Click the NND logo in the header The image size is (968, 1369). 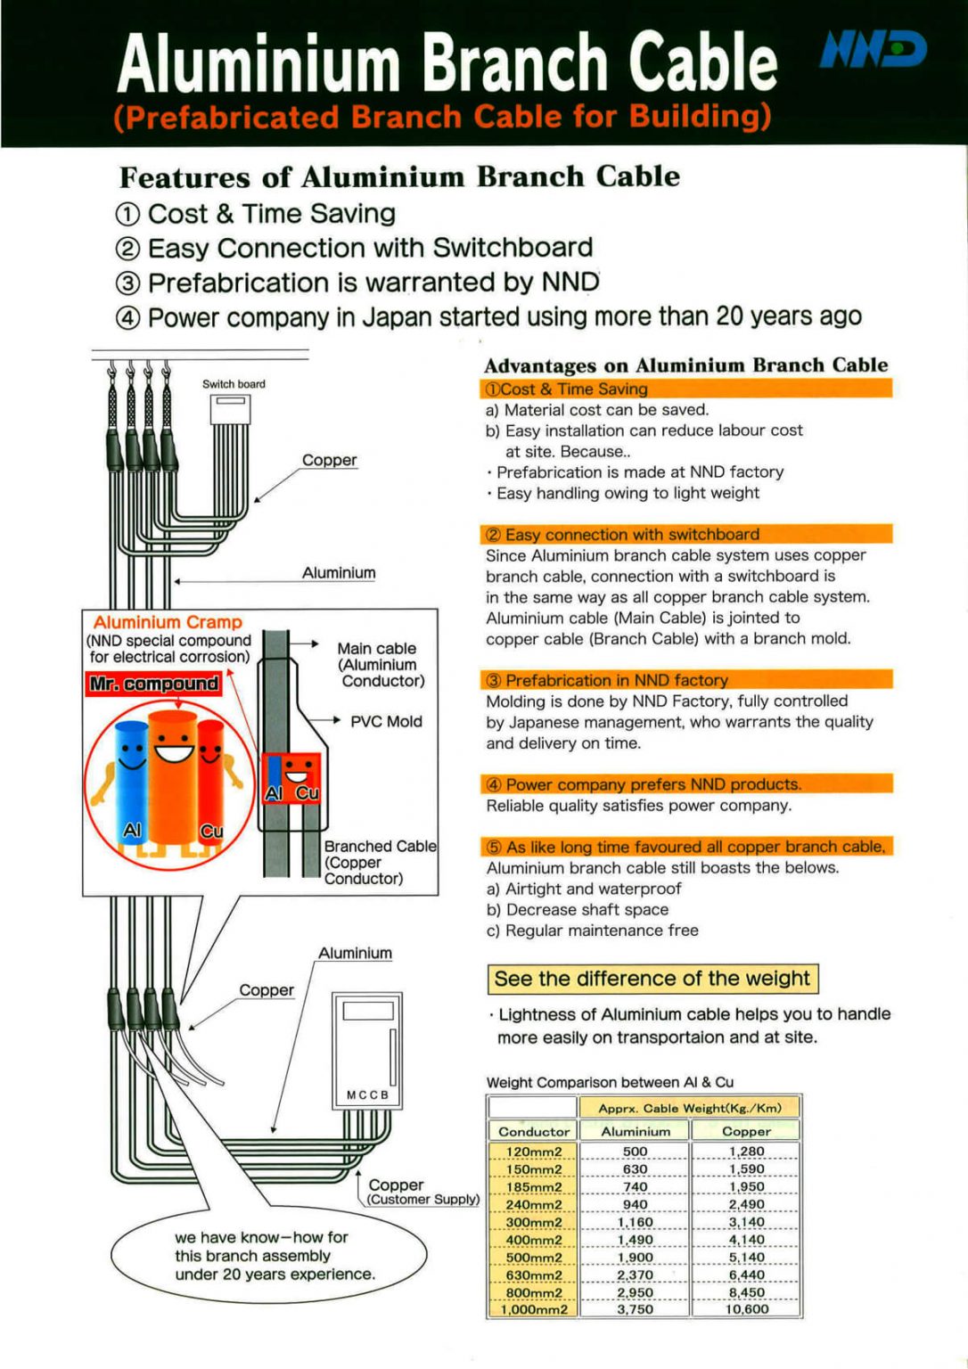pyautogui.click(x=873, y=50)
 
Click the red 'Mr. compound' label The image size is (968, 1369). pyautogui.click(x=153, y=684)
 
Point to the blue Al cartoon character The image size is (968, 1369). pyautogui.click(x=131, y=777)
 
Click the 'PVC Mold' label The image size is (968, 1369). pyautogui.click(x=386, y=721)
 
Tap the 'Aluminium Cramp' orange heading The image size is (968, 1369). pyautogui.click(x=168, y=622)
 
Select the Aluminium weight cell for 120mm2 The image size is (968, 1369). pyautogui.click(x=635, y=1152)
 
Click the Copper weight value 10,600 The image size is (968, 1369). pyautogui.click(x=746, y=1309)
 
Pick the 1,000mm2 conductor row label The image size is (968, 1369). pyautogui.click(x=533, y=1309)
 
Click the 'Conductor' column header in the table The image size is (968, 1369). pyautogui.click(x=533, y=1131)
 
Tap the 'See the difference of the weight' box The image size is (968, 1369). pyautogui.click(x=652, y=979)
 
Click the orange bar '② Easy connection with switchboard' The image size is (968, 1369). pyautogui.click(x=685, y=534)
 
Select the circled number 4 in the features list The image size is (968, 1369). pyautogui.click(x=128, y=318)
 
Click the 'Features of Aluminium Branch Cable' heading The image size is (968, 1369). pyautogui.click(x=399, y=176)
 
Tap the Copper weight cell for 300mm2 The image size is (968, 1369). pyautogui.click(x=746, y=1222)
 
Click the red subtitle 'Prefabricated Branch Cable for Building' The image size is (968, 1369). pyautogui.click(x=442, y=117)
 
